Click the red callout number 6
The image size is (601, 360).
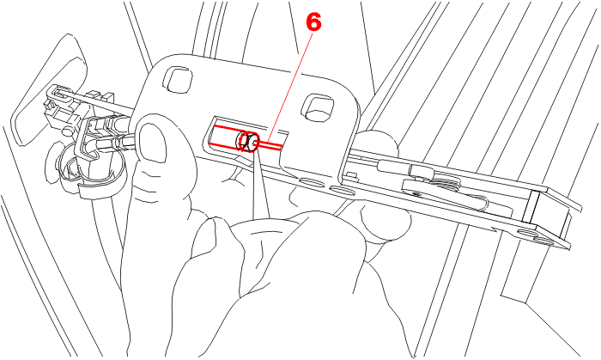[313, 21]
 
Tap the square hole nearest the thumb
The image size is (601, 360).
[178, 78]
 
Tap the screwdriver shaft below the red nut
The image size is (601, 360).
[261, 184]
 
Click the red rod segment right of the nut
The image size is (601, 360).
[270, 145]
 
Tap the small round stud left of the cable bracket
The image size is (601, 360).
[68, 131]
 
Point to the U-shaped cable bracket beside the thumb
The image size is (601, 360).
[92, 138]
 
